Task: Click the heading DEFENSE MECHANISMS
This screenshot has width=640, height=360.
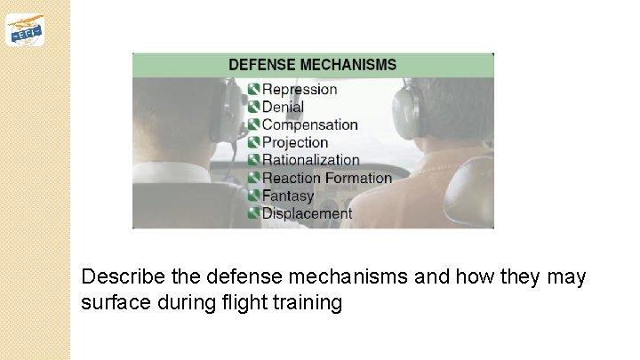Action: point(312,65)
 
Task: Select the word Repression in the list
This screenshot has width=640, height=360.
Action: point(300,89)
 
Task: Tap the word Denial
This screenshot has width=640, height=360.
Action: point(283,107)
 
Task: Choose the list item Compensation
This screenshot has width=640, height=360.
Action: point(309,124)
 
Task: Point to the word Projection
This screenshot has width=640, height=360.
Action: point(295,142)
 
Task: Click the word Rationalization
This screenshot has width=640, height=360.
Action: point(310,160)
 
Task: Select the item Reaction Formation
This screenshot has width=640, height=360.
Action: point(326,178)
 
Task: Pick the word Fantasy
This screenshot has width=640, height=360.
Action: point(288,196)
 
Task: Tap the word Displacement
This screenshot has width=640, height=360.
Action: point(307,213)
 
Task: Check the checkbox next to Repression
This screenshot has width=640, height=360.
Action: point(254,89)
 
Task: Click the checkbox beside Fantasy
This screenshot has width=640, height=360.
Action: point(254,196)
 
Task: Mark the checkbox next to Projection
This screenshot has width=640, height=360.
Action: point(254,142)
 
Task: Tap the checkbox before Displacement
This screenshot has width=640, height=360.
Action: point(254,213)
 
